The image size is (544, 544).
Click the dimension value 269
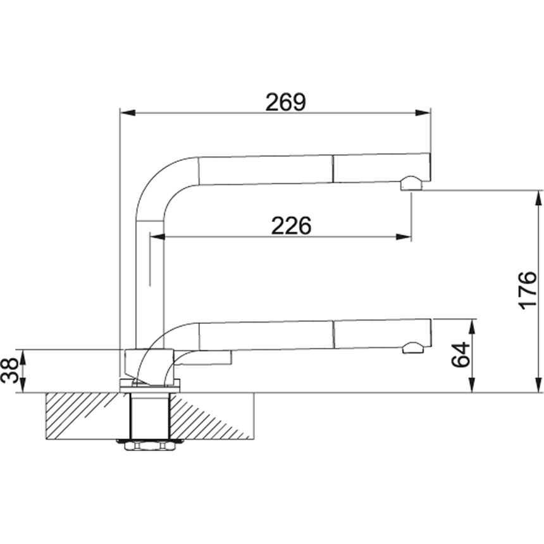tap(285, 102)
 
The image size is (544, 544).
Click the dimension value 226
tap(292, 226)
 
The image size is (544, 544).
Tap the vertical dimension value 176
tap(527, 291)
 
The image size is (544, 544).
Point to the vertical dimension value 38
tap(11, 371)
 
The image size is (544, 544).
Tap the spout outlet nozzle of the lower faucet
tap(413, 347)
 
